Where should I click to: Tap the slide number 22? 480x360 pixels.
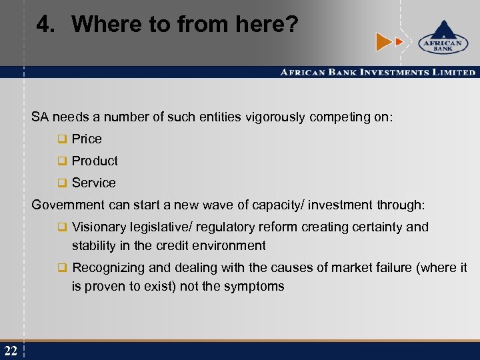tap(10, 350)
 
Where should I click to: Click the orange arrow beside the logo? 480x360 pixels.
tap(385, 41)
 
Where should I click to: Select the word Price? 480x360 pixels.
tap(87, 139)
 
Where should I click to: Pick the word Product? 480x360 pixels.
tap(95, 161)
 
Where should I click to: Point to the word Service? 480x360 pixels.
tap(93, 183)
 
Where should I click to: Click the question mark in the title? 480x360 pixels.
tap(291, 25)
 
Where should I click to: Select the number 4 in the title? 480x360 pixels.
tap(43, 25)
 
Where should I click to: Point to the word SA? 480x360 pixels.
tap(40, 117)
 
